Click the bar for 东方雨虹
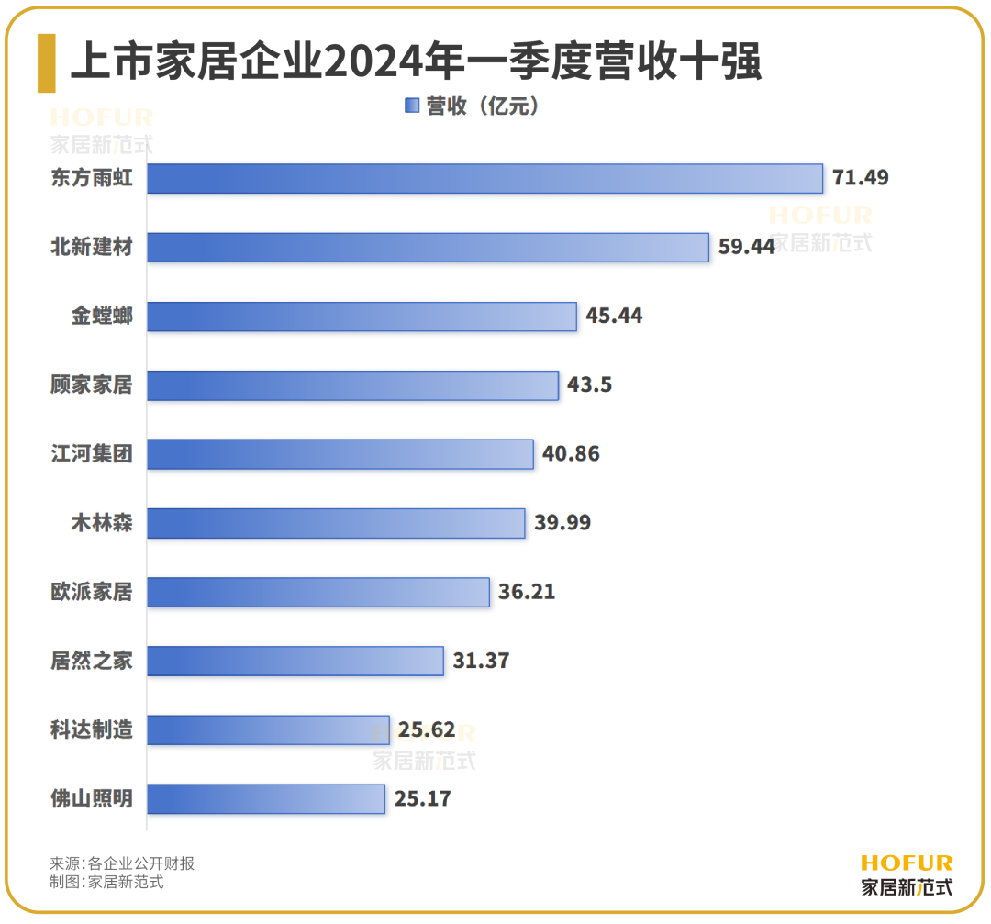pyautogui.click(x=484, y=178)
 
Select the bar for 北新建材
pyautogui.click(x=428, y=247)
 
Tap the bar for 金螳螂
pyautogui.click(x=362, y=316)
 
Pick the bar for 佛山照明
pyautogui.click(x=266, y=798)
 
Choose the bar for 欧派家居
pyautogui.click(x=318, y=592)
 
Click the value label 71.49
pyautogui.click(x=860, y=178)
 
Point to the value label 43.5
pyautogui.click(x=589, y=385)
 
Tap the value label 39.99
pyautogui.click(x=562, y=523)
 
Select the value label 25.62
pyautogui.click(x=427, y=729)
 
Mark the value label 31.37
pyautogui.click(x=481, y=661)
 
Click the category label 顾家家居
pyautogui.click(x=92, y=385)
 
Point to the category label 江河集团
pyautogui.click(x=92, y=454)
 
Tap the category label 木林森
pyautogui.click(x=102, y=523)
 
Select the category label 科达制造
pyautogui.click(x=92, y=729)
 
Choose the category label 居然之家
pyautogui.click(x=92, y=661)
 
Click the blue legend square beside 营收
pyautogui.click(x=411, y=106)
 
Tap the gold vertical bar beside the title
pyautogui.click(x=46, y=63)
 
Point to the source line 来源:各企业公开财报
pyautogui.click(x=122, y=863)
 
